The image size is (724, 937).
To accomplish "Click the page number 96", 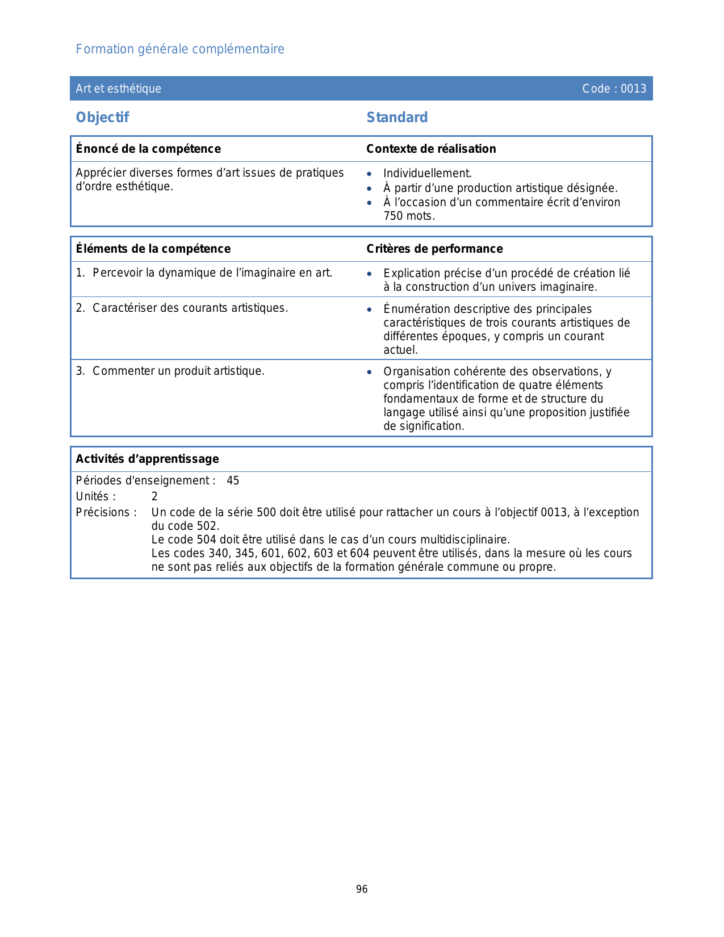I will point(362,889).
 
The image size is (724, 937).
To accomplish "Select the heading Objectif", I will point(102,118).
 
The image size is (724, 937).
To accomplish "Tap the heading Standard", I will point(397,118).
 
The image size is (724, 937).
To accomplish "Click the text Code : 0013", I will point(614,89).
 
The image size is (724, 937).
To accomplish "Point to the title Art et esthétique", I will point(118,89).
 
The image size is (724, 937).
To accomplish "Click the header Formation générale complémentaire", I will point(180,49).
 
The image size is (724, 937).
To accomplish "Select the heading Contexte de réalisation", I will point(431,149).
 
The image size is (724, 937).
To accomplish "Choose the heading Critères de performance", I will point(434,249).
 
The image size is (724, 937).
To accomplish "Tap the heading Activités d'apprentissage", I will point(147,459).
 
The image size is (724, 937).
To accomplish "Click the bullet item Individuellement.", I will point(427,174).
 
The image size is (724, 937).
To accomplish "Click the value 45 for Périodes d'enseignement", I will point(233,481).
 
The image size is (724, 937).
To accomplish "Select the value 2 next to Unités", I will point(154,497).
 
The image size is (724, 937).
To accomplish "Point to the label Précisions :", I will point(106,513).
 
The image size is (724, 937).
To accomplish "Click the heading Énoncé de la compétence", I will point(148,149).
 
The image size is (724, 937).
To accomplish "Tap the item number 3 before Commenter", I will point(79,371).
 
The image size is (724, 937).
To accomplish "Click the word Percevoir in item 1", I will point(118,273).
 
